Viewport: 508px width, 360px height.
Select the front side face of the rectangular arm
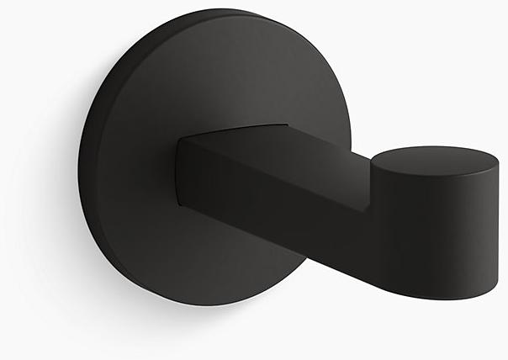[x=278, y=202]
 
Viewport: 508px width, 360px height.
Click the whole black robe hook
[x=252, y=168]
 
